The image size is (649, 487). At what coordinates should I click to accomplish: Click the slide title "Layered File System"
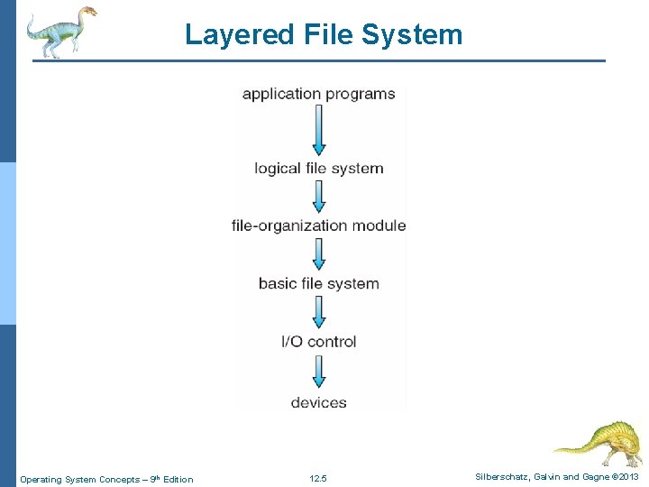pos(324,34)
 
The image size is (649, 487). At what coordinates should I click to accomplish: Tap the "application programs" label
pos(318,94)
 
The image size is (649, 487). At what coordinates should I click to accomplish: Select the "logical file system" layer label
pos(318,169)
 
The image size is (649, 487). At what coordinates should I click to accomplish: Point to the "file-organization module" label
pos(318,225)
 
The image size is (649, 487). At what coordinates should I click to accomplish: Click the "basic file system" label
pos(318,283)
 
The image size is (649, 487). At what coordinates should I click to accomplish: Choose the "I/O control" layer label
pos(318,342)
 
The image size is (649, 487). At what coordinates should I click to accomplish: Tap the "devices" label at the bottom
pos(318,402)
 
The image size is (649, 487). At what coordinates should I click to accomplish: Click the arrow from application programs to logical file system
pos(318,130)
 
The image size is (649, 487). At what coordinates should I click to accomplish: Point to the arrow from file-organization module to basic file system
pos(318,254)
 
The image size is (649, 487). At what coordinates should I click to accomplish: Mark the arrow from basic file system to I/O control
pos(318,312)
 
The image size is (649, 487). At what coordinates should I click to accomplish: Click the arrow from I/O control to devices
pos(318,372)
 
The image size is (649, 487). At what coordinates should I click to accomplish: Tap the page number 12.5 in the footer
pos(318,479)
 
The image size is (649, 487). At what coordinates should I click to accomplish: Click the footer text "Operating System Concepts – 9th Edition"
pos(106,479)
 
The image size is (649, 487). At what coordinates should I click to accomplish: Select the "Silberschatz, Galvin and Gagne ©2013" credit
pos(557,477)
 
